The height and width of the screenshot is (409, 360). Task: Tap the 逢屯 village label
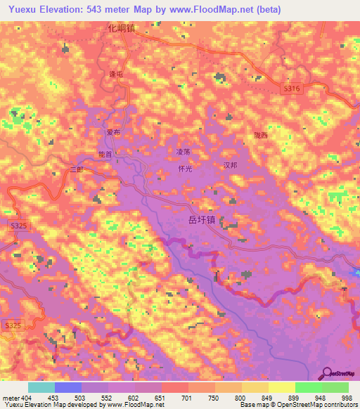point(114,74)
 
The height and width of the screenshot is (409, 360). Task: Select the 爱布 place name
point(113,132)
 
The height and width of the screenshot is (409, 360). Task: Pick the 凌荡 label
point(183,151)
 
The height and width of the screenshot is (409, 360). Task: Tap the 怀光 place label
point(186,169)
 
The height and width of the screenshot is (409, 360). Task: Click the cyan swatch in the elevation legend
point(41,387)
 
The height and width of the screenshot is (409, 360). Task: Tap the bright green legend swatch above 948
point(309,387)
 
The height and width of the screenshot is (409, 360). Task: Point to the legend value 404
point(27,397)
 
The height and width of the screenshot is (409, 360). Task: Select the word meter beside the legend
point(10,397)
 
